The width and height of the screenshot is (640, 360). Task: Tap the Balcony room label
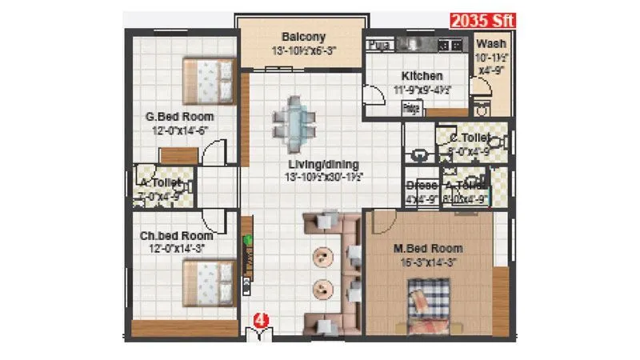point(303,37)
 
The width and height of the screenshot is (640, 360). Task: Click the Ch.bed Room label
point(176,236)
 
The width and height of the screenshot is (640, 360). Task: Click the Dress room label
point(422,186)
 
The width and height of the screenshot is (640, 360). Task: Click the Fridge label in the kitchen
point(411,106)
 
